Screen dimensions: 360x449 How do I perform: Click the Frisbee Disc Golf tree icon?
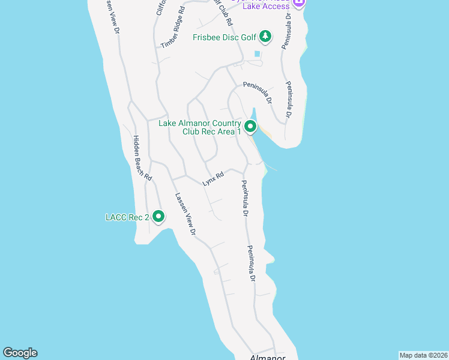click(265, 37)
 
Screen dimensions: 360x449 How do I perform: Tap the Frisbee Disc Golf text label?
click(224, 37)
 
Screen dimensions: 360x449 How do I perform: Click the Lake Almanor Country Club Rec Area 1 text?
click(199, 128)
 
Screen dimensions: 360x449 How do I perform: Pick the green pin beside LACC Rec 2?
click(158, 217)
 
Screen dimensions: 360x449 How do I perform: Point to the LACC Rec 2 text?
click(127, 217)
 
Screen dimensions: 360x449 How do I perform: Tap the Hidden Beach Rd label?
click(142, 158)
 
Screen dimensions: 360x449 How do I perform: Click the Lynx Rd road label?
click(213, 178)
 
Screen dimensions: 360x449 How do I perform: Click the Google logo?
click(20, 353)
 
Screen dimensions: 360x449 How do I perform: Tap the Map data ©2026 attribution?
click(423, 355)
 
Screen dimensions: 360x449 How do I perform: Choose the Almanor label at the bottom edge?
click(267, 356)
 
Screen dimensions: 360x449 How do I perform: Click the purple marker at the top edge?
click(299, 2)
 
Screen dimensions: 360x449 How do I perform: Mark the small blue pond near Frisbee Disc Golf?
click(258, 54)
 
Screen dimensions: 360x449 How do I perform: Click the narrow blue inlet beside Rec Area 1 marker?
click(254, 115)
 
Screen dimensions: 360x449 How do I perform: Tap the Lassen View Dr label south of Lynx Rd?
click(185, 214)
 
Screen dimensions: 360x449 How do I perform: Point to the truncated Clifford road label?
click(161, 7)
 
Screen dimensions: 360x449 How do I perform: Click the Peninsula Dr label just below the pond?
click(258, 85)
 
